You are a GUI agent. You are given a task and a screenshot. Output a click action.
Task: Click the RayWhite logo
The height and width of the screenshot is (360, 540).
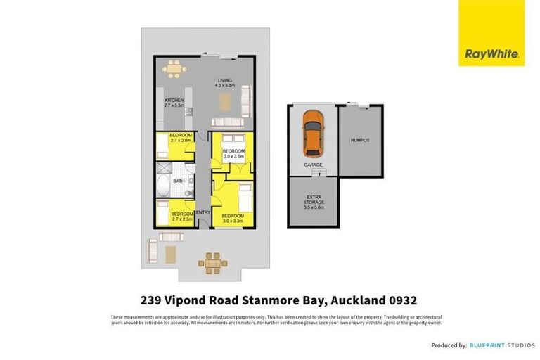click(491, 34)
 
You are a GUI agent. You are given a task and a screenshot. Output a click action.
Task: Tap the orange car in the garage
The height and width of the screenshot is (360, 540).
click(312, 134)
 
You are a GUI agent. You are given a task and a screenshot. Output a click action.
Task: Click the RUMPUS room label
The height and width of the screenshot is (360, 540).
click(360, 140)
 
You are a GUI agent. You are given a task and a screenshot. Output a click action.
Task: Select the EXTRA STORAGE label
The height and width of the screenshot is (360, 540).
click(314, 200)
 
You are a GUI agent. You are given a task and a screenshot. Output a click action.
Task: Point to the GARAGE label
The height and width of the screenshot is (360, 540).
click(313, 164)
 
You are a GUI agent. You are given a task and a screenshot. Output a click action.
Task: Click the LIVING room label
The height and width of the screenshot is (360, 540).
click(224, 81)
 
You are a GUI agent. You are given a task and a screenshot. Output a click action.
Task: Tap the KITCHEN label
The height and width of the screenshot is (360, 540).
click(174, 101)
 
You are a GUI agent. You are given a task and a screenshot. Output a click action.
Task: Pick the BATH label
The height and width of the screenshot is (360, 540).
click(179, 181)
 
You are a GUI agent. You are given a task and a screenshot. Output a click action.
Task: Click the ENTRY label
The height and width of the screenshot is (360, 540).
click(203, 212)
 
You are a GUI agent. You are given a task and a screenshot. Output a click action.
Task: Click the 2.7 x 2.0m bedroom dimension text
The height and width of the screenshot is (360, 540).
click(181, 141)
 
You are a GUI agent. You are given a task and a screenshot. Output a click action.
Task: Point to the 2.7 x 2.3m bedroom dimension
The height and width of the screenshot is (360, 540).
click(182, 219)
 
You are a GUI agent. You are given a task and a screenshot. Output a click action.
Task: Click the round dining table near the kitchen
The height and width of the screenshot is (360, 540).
click(173, 69)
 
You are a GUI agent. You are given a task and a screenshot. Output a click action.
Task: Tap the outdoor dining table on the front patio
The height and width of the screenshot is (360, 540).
click(212, 262)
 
